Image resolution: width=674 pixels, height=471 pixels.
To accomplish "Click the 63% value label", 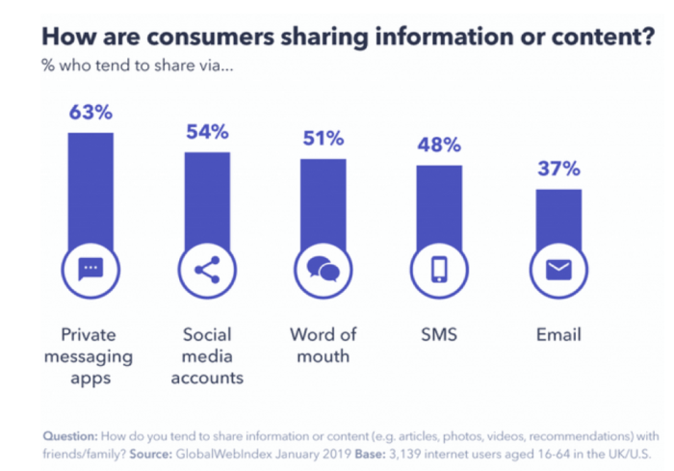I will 91,112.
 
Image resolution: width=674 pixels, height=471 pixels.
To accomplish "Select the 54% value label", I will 207,131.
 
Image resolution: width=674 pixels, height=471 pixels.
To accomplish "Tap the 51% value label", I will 324,138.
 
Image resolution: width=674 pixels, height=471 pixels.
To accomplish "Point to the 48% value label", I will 439,144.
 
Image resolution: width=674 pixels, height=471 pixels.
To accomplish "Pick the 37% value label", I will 558,169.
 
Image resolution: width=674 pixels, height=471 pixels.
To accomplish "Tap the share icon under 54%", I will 207,270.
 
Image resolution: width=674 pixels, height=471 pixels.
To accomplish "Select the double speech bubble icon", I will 324,270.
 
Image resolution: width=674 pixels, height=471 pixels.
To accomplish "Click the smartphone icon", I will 439,270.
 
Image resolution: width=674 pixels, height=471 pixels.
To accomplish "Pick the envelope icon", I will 558,270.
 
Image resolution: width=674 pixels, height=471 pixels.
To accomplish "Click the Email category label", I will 558,335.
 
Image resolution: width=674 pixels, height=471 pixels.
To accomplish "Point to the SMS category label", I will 439,335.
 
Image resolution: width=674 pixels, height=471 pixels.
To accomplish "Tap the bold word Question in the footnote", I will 75,432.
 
